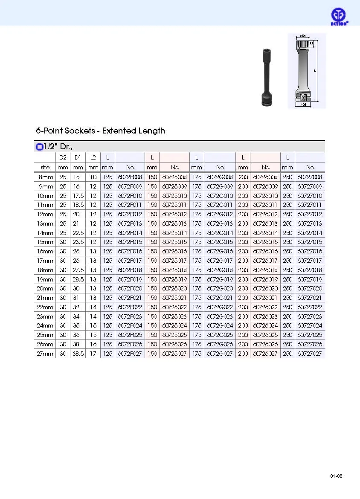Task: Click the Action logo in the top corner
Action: (340, 17)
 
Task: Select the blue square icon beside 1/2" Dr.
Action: (39, 147)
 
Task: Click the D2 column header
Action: (63, 158)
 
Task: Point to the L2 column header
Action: (93, 158)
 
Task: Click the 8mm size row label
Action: (46, 177)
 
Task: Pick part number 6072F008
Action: (130, 177)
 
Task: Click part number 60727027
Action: (310, 354)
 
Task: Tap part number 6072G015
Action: (220, 242)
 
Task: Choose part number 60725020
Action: (175, 289)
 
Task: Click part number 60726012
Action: (265, 215)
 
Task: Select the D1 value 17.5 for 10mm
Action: (78, 196)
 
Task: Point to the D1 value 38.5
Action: (78, 354)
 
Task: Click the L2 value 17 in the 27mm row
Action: (93, 354)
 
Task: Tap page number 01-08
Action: (336, 476)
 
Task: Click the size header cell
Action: (45, 168)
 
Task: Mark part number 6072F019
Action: (130, 279)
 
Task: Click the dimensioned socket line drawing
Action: (307, 71)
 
